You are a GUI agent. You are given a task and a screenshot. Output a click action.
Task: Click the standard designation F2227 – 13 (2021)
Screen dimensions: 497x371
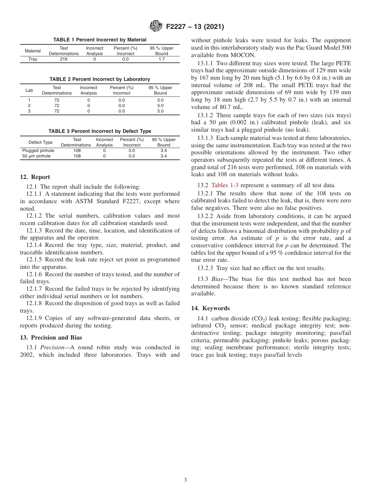195,27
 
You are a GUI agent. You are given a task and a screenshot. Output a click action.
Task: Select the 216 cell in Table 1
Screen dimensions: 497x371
64,59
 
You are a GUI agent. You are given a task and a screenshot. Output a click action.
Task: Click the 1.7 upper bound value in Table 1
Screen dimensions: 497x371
162,59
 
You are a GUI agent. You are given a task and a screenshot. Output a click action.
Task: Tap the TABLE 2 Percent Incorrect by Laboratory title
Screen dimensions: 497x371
100,79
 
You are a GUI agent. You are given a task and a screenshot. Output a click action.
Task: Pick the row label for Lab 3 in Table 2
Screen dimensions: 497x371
29,111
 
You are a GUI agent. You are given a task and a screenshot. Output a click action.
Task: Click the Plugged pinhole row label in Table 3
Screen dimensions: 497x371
38,150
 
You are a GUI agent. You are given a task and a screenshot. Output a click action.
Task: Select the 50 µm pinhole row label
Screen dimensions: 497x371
36,156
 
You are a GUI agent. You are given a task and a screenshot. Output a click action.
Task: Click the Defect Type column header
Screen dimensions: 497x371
40,142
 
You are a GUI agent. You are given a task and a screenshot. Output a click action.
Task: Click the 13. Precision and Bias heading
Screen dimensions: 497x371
51,338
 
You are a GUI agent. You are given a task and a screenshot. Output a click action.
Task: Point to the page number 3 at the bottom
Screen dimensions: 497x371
185,480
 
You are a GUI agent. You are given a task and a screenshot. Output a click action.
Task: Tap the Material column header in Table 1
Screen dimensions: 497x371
33,51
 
